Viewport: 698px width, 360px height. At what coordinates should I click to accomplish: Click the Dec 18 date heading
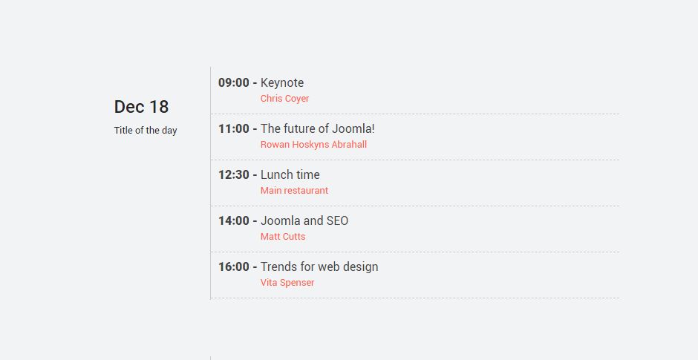point(141,107)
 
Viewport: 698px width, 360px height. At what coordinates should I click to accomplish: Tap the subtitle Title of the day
point(146,131)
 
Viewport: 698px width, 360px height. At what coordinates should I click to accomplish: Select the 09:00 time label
point(234,83)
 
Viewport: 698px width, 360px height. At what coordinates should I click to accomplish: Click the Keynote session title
point(282,83)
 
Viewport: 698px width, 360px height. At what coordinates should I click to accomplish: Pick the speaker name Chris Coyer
point(284,98)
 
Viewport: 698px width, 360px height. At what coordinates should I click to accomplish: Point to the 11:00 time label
point(234,128)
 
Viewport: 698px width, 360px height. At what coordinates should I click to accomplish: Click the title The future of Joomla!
point(317,128)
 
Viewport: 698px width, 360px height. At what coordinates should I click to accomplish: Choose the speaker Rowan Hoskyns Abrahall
point(313,144)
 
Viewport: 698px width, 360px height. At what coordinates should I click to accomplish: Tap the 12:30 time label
point(234,174)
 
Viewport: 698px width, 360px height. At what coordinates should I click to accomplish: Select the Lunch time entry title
point(290,174)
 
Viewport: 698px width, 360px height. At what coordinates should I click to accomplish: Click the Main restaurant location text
point(294,191)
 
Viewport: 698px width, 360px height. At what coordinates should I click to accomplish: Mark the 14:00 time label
point(234,220)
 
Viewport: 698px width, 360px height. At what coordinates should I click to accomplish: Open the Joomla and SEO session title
point(304,220)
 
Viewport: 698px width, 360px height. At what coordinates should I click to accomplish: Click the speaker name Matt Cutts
point(283,236)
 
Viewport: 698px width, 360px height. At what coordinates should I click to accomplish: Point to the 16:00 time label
point(234,266)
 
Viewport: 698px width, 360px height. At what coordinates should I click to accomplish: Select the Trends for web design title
point(319,267)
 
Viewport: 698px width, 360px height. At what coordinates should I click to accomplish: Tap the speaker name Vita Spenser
point(287,283)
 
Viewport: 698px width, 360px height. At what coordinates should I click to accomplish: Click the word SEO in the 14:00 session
point(337,220)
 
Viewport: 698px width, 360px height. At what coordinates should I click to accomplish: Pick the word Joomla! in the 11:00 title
point(352,128)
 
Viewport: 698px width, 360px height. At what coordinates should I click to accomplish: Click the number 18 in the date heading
point(159,107)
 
